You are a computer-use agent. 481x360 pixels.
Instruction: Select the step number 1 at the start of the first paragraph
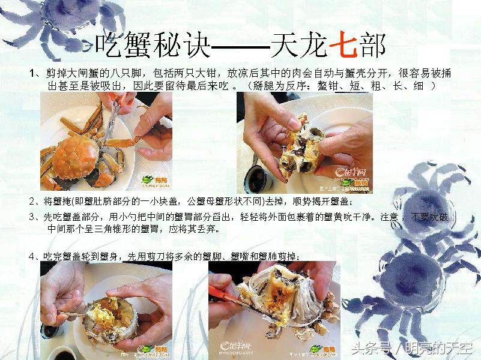pos(32,73)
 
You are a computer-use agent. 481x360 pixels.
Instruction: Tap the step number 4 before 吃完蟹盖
pos(32,256)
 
